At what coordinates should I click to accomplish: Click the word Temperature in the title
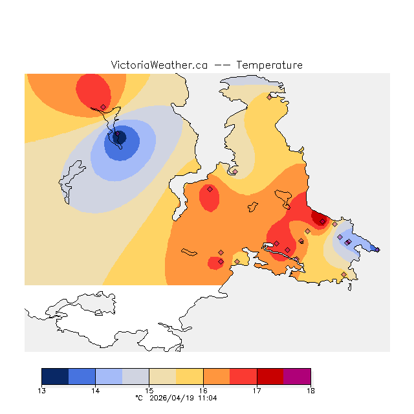pos(269,65)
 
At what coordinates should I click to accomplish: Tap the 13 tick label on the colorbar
pos(41,391)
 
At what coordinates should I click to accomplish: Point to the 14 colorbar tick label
pos(95,391)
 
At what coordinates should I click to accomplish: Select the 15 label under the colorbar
pos(149,391)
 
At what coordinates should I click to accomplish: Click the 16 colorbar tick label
pos(203,391)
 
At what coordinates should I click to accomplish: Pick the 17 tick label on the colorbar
pos(257,391)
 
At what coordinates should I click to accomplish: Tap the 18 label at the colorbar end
pos(310,391)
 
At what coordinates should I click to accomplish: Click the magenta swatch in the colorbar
pos(297,376)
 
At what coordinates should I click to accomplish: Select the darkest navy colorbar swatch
pos(55,376)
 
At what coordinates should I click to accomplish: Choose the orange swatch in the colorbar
pos(217,376)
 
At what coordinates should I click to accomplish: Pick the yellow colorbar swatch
pos(190,376)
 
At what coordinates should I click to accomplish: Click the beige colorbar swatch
pos(162,376)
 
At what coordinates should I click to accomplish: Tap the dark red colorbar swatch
pos(270,376)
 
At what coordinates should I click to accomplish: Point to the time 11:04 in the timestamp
pos(208,398)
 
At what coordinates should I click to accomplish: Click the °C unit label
pos(138,398)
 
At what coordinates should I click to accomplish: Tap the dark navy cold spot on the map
pos(119,136)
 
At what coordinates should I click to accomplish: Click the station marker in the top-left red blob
pos(103,107)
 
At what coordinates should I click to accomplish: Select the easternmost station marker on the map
pos(378,250)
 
